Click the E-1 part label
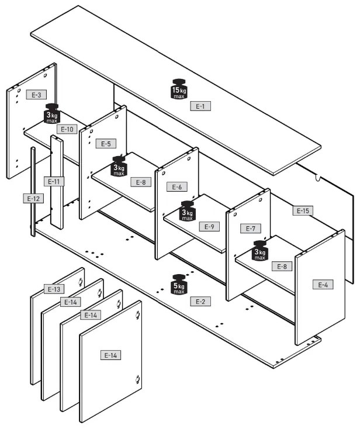(200, 106)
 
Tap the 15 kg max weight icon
(179, 89)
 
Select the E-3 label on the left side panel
(36, 95)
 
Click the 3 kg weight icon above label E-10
(52, 113)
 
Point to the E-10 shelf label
(67, 129)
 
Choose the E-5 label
(106, 144)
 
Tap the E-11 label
(54, 181)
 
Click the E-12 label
(33, 199)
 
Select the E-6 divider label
(176, 187)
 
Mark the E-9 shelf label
(209, 227)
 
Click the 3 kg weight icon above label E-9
(188, 210)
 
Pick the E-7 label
(251, 229)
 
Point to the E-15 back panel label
(303, 210)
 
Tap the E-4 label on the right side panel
(323, 285)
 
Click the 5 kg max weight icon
(179, 285)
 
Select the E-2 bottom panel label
(200, 302)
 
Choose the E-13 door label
(54, 289)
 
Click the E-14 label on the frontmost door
(110, 355)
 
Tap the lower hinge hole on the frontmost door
(137, 379)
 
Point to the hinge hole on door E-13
(81, 282)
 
